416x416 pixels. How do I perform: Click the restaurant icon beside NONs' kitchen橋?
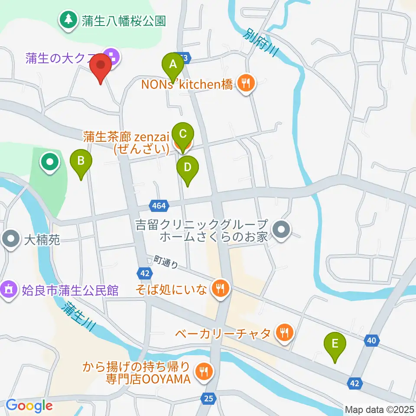pos(247,83)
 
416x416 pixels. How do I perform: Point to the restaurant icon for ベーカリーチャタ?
pos(284,333)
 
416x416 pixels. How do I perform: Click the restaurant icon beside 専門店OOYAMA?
pos(202,371)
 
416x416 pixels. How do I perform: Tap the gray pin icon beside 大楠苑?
pos(10,239)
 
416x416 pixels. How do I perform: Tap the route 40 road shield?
pos(371,341)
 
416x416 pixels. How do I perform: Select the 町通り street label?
pos(166,261)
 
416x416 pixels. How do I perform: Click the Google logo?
pos(29,406)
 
